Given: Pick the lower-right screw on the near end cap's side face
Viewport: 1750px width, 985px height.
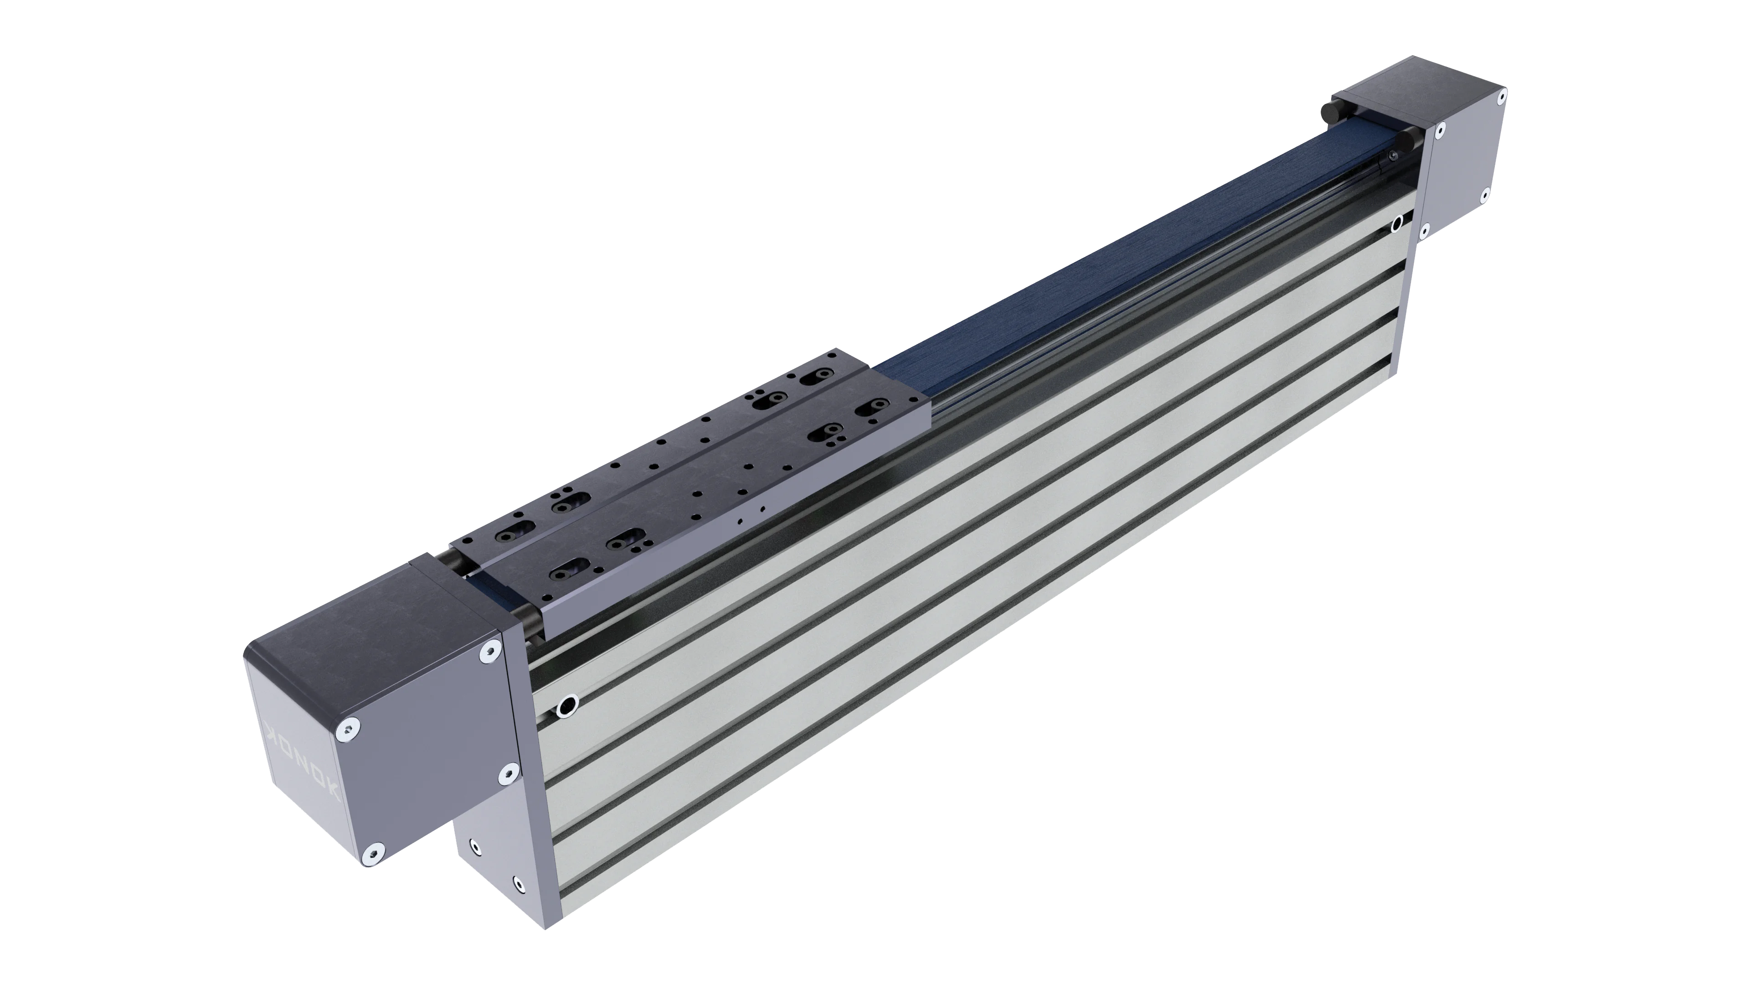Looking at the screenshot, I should click(506, 773).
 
